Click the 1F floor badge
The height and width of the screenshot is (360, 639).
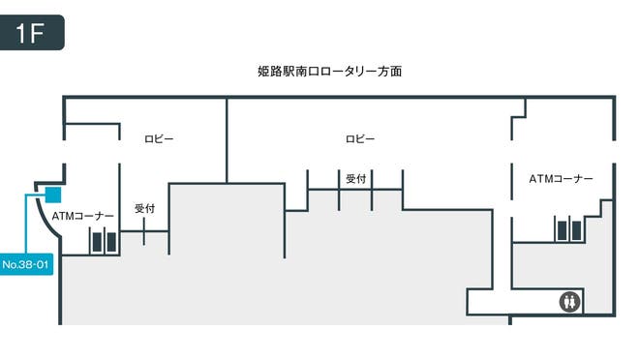pos(32,32)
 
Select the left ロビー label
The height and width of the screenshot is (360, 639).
pos(159,139)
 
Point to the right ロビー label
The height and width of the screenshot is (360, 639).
pos(360,139)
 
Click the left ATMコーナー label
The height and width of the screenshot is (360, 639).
pos(83,216)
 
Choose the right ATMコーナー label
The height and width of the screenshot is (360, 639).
pos(561,179)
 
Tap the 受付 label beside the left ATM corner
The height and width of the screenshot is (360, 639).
pos(145,208)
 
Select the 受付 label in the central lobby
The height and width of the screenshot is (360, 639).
pos(355,178)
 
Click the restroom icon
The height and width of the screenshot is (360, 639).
pos(570,302)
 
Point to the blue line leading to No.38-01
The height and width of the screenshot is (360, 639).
pos(26,227)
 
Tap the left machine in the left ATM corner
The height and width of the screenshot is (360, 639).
pos(96,242)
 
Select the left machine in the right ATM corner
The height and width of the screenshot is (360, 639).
pos(562,228)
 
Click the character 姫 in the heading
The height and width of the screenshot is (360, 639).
pos(263,72)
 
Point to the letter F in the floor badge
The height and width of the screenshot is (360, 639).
pos(39,33)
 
